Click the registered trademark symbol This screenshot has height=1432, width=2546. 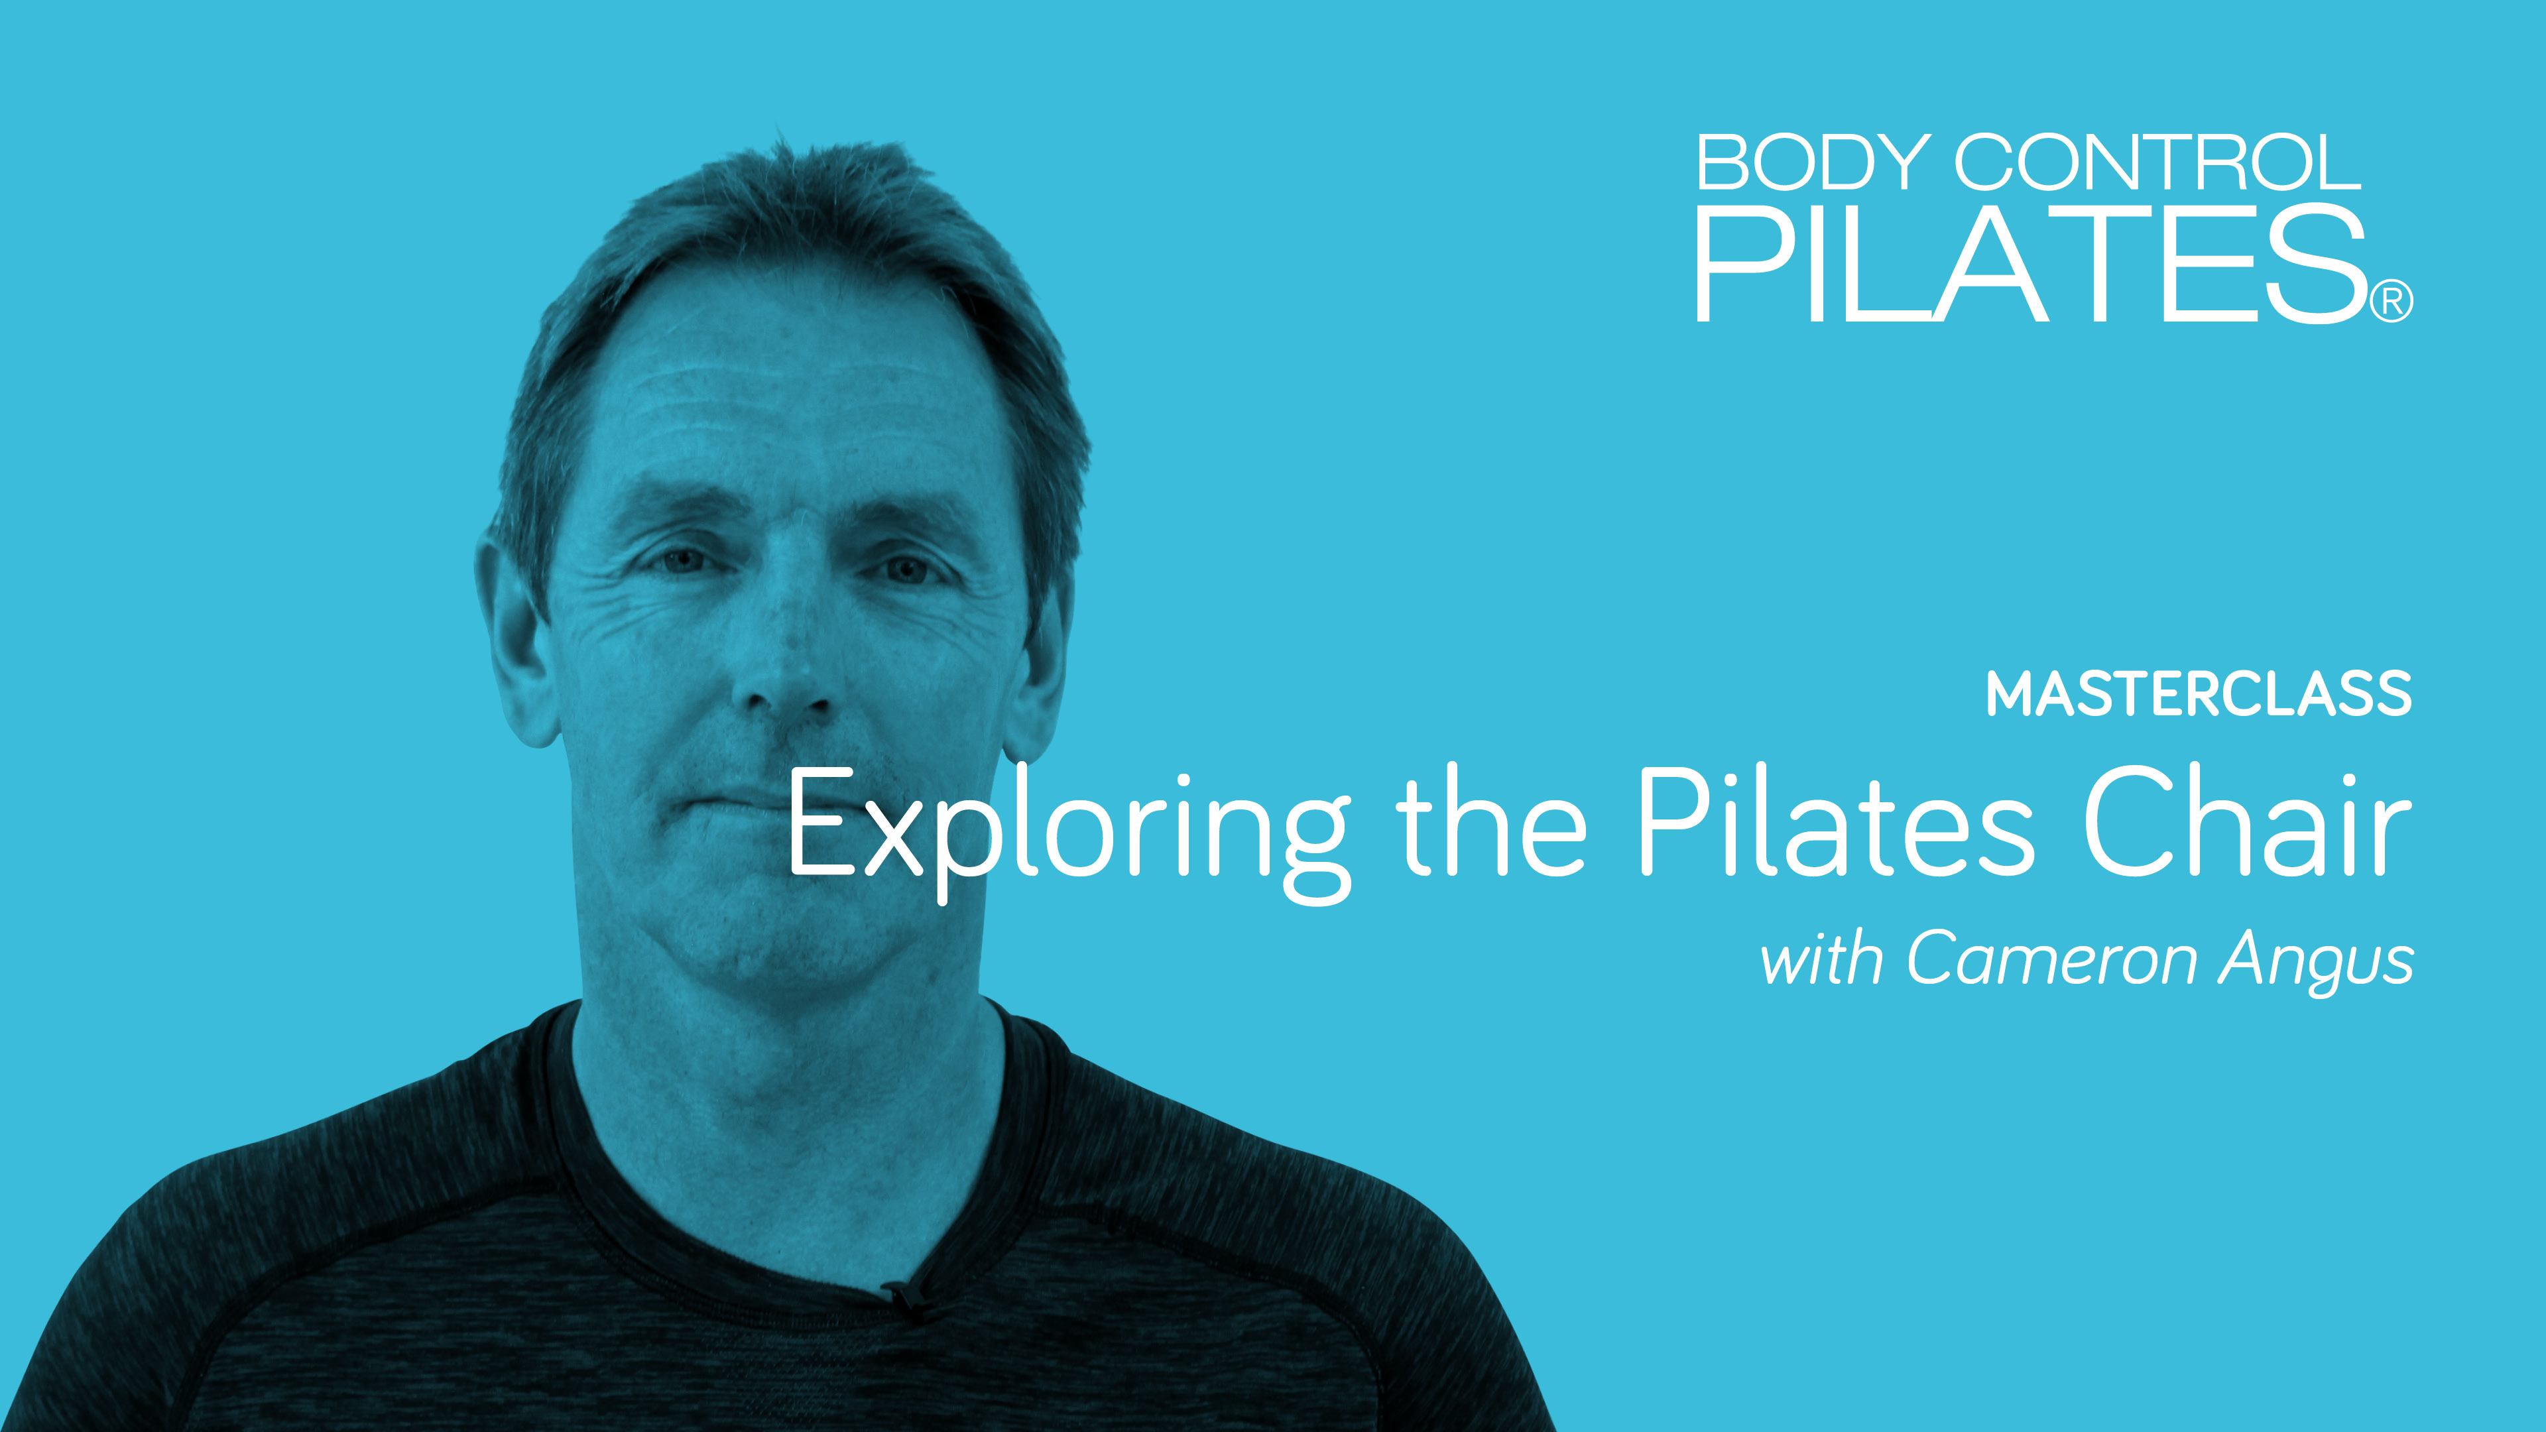click(x=2392, y=302)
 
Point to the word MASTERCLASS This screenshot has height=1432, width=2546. click(x=2199, y=695)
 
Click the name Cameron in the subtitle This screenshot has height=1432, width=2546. click(x=2051, y=959)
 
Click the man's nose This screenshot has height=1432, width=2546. click(x=786, y=672)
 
